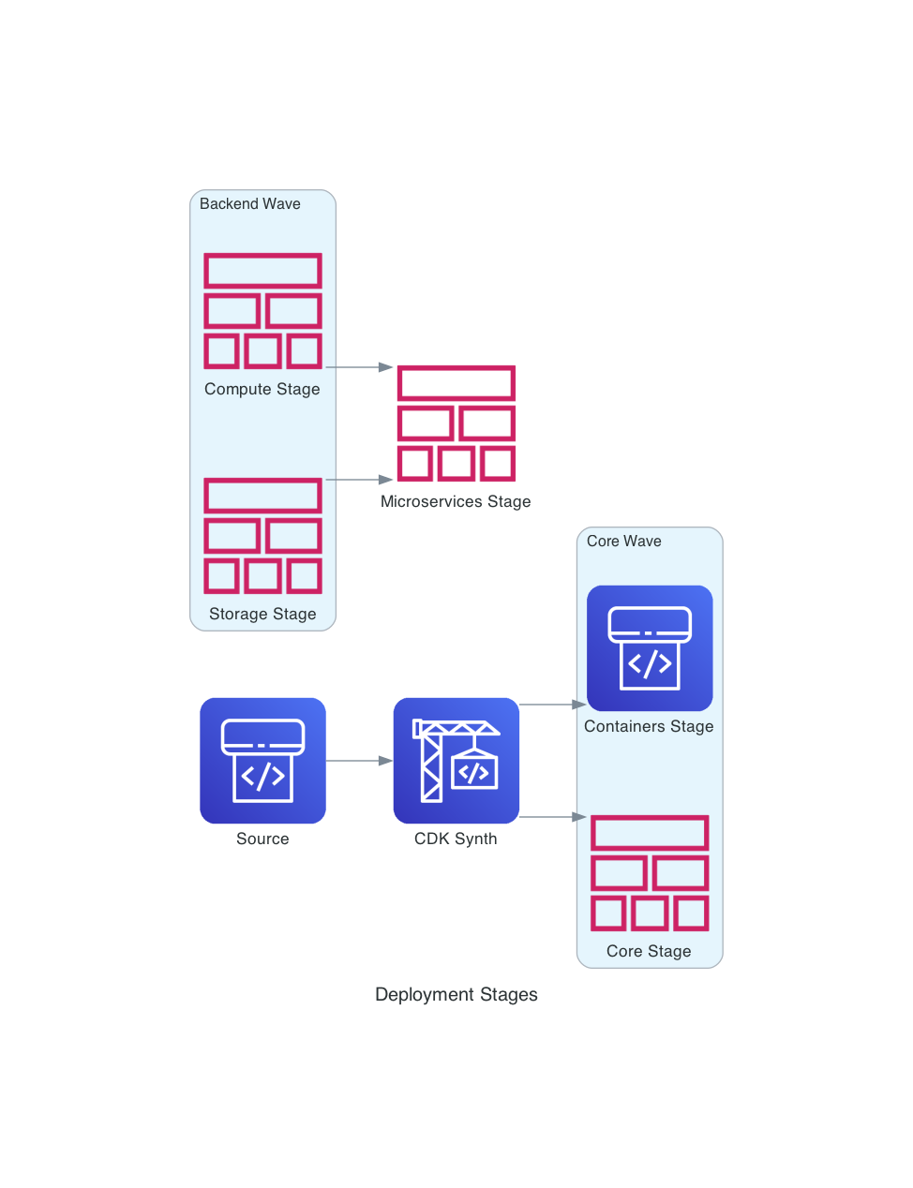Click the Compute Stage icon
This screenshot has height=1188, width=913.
click(x=262, y=311)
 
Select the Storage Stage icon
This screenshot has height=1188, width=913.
click(x=262, y=536)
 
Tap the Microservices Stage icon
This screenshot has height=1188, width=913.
click(x=456, y=423)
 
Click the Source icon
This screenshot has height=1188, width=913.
click(x=262, y=760)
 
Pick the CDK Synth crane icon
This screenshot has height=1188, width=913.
click(x=456, y=760)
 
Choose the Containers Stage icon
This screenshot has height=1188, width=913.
click(x=649, y=647)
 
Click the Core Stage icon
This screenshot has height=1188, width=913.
click(x=649, y=873)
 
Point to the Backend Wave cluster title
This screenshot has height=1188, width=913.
click(x=249, y=204)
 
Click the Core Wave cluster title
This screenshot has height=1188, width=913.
click(x=623, y=542)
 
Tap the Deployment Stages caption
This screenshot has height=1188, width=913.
click(x=456, y=995)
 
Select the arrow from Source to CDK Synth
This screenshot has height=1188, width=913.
click(x=359, y=761)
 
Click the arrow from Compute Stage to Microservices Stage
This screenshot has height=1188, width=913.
click(x=359, y=367)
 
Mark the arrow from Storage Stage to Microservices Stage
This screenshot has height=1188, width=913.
click(x=359, y=480)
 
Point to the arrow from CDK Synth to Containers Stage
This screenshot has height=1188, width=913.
click(x=552, y=705)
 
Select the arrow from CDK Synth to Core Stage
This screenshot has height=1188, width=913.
click(x=552, y=817)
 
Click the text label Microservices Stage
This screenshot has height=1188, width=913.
click(x=456, y=502)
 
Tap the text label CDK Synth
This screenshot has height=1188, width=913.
click(x=456, y=839)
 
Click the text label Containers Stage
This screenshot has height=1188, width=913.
click(x=649, y=727)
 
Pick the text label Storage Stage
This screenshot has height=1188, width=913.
click(x=262, y=615)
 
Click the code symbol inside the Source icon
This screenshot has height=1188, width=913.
click(x=262, y=776)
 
